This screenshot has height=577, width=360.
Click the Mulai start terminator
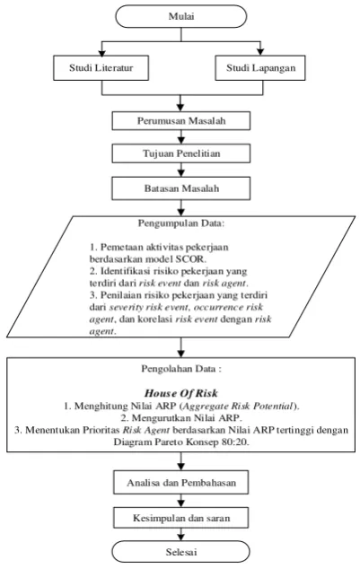(x=181, y=16)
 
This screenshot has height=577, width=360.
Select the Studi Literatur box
(x=101, y=67)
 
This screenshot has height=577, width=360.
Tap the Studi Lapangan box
(x=260, y=67)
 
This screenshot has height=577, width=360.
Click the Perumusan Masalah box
(x=181, y=121)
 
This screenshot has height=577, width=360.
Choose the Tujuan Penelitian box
(x=181, y=153)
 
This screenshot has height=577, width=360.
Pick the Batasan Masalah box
(x=181, y=188)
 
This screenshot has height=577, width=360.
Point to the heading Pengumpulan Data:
(x=181, y=223)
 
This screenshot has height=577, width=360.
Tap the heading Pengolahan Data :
(x=181, y=369)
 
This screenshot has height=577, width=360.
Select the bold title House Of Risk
(x=181, y=393)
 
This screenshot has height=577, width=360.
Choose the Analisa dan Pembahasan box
(x=181, y=483)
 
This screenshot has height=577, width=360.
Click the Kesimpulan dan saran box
(x=181, y=518)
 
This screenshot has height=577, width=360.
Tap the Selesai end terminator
(x=181, y=552)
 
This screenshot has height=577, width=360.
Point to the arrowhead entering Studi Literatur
(x=102, y=52)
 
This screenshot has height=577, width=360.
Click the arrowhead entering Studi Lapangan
(x=260, y=52)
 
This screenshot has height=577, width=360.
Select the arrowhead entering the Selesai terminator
(x=180, y=537)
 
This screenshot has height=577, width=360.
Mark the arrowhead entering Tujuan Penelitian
(x=180, y=140)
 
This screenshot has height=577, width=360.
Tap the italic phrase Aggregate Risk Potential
(x=238, y=406)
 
